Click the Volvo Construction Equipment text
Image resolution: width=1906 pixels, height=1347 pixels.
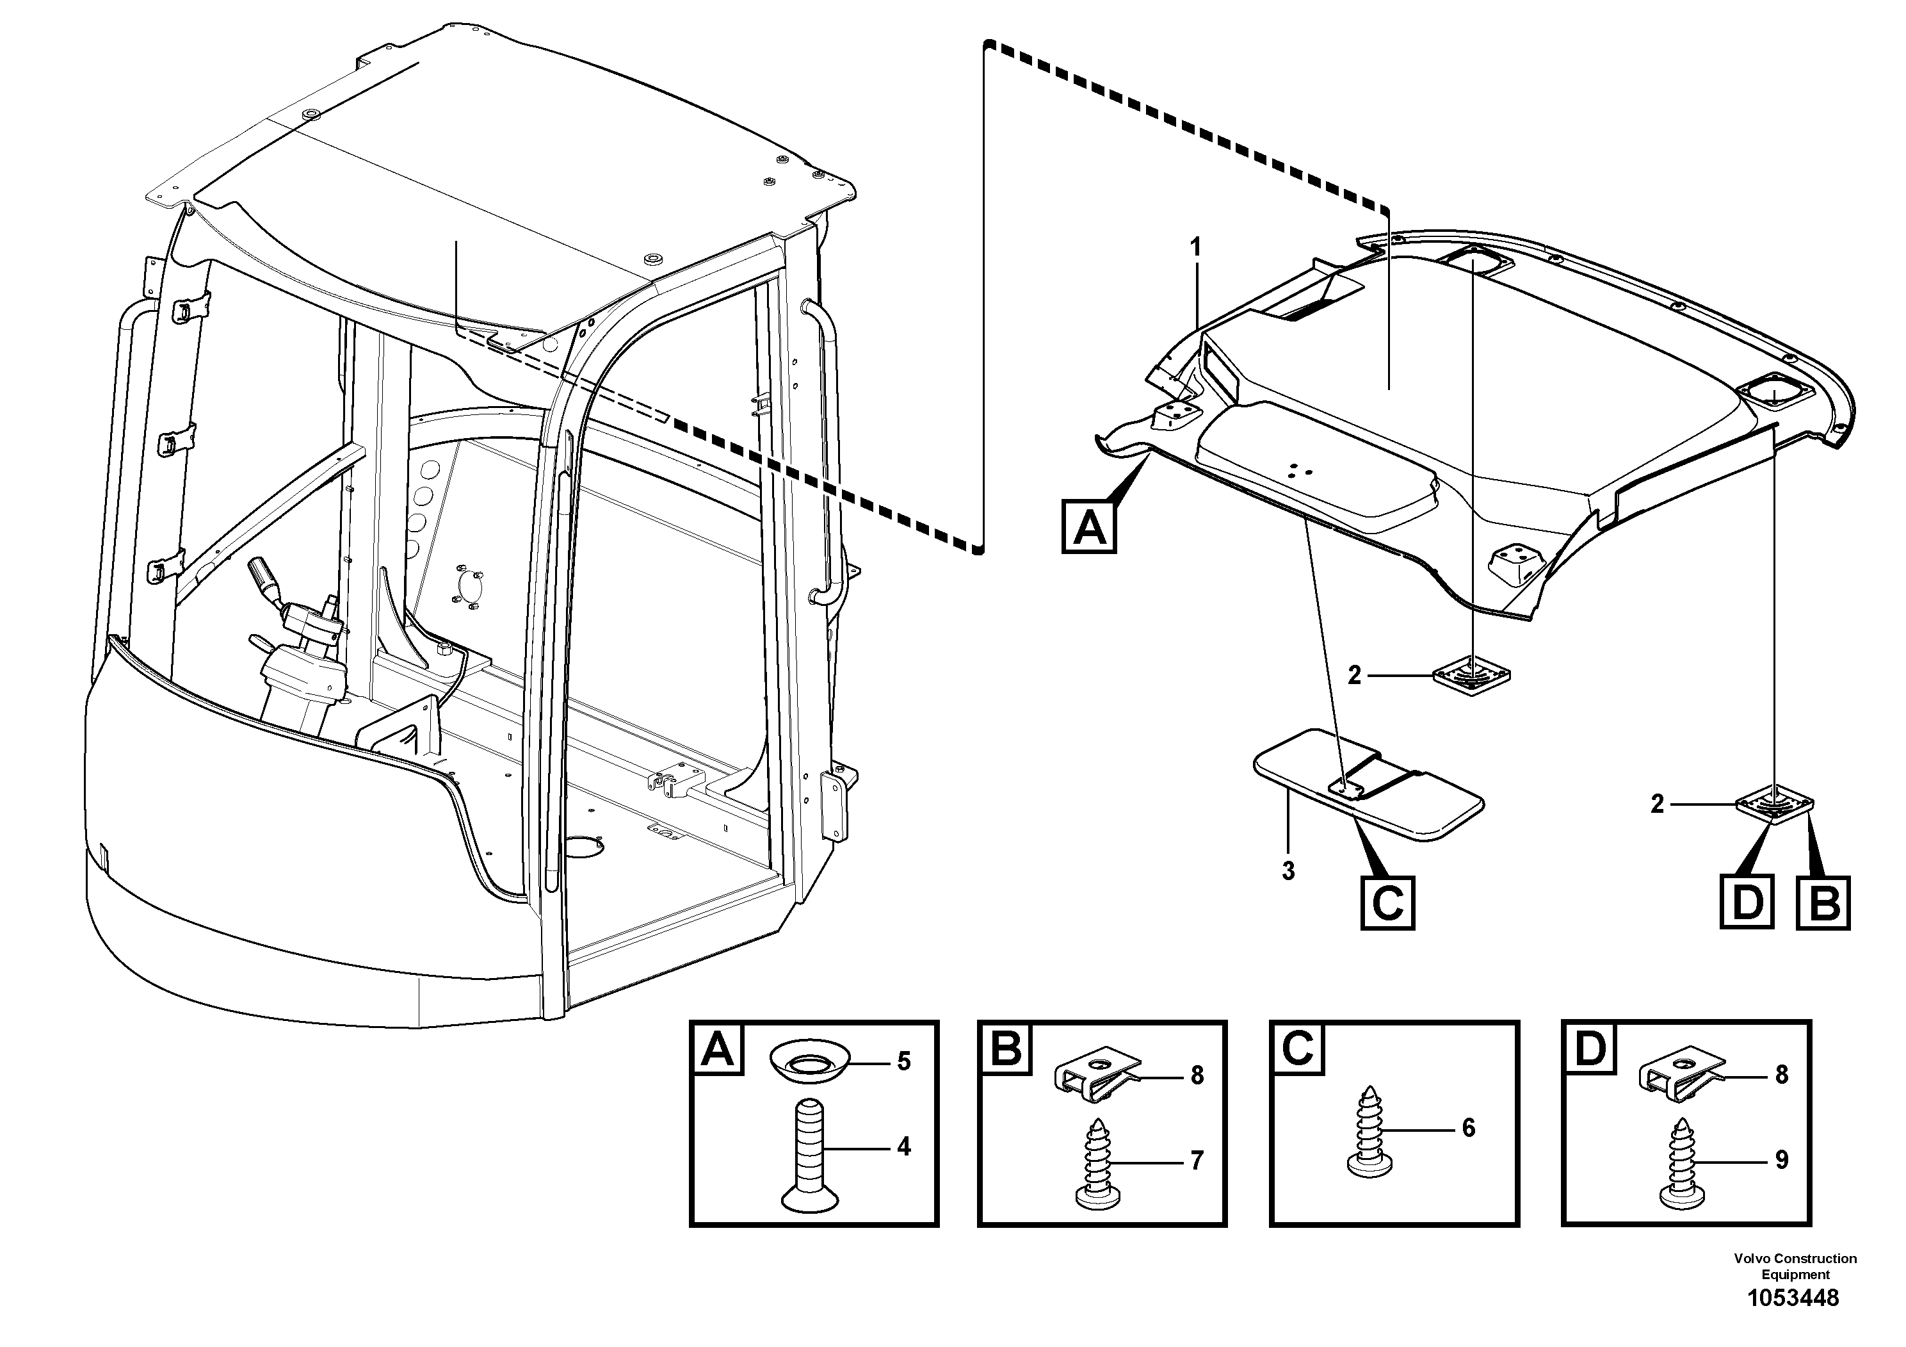pos(1795,1266)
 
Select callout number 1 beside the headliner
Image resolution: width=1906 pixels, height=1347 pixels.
pos(1195,247)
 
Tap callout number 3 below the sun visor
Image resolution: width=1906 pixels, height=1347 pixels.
pos(1288,872)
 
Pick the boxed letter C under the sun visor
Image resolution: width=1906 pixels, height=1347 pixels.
pos(1387,902)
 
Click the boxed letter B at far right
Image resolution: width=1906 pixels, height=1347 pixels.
pos(1823,901)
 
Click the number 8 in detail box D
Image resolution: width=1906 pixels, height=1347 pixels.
pos(1782,1075)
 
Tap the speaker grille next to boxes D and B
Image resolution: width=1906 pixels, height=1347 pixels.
pos(1774,804)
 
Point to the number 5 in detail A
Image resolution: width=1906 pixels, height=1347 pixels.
pos(904,1061)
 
